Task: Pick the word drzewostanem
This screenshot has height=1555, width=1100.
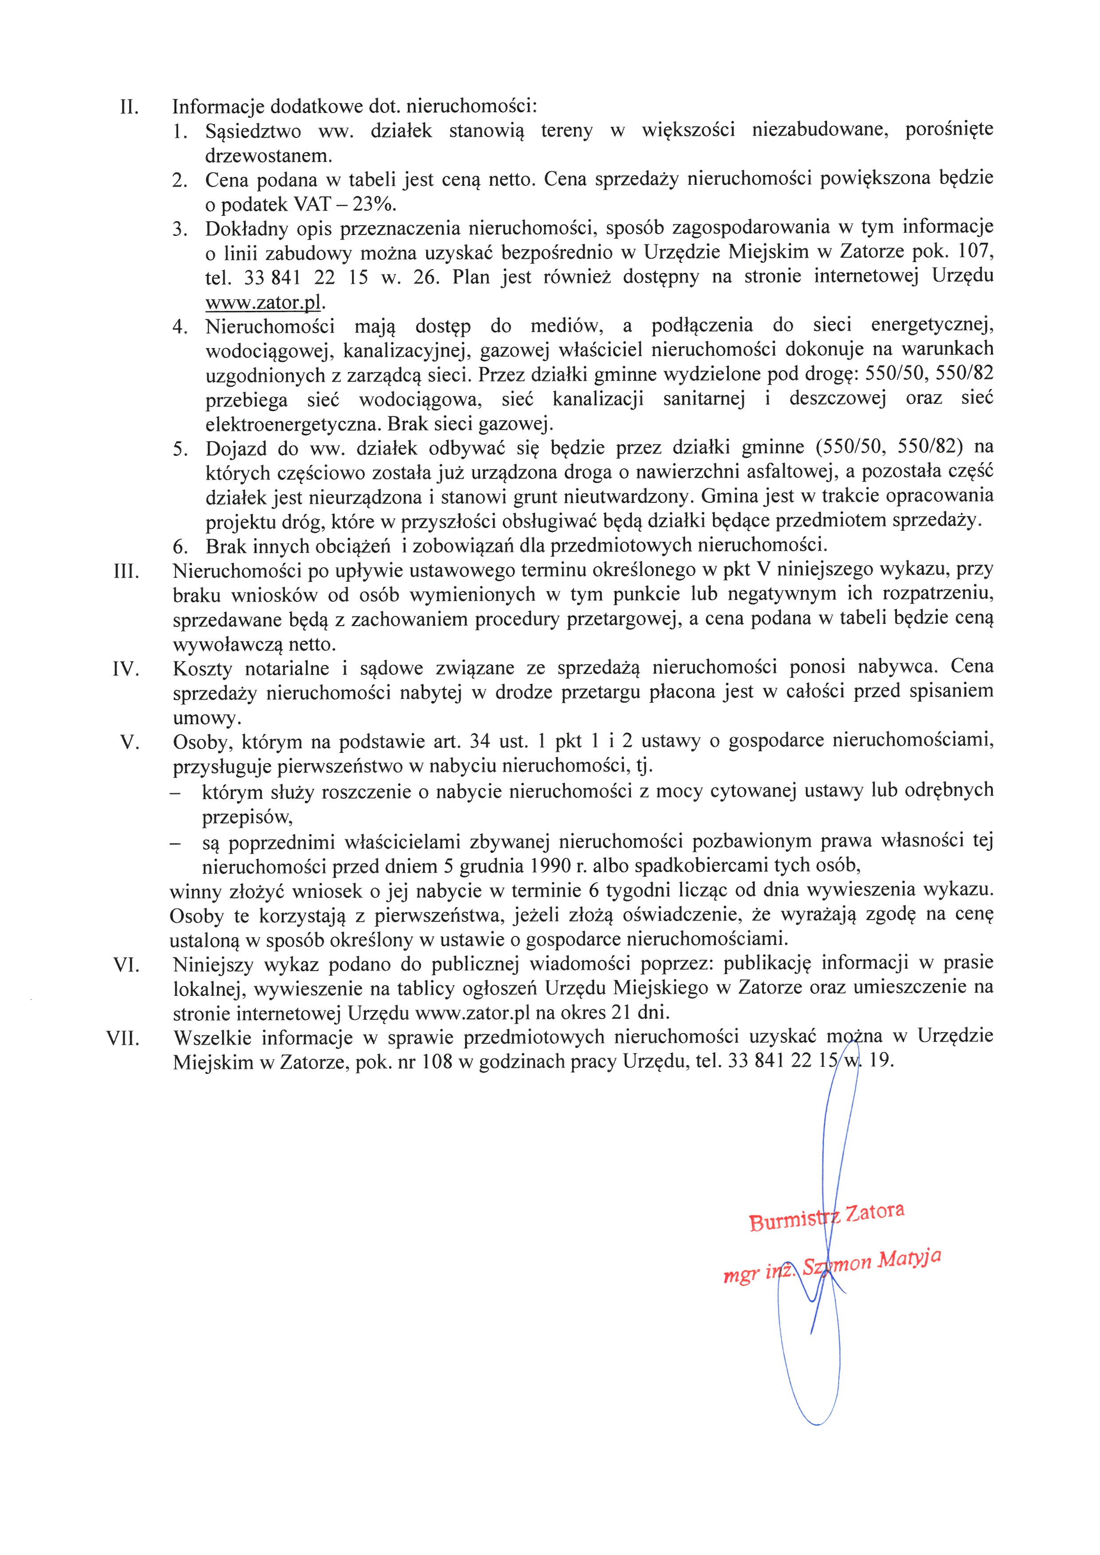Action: pyautogui.click(x=269, y=156)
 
